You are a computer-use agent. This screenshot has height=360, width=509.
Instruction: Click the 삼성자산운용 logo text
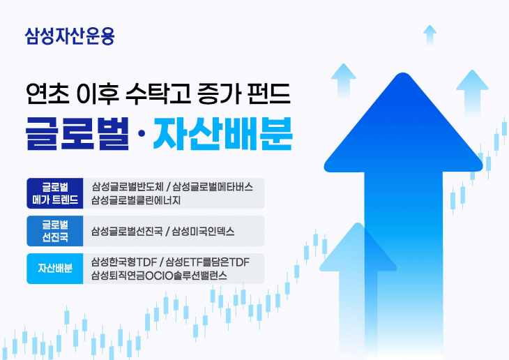pyautogui.click(x=69, y=36)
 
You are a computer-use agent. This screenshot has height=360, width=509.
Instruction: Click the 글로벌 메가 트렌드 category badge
pyautogui.click(x=55, y=194)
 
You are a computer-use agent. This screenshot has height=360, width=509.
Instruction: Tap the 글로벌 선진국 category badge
pyautogui.click(x=55, y=231)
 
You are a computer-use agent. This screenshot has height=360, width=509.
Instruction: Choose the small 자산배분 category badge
pyautogui.click(x=55, y=268)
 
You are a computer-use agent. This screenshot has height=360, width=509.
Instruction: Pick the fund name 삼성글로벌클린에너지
pyautogui.click(x=136, y=201)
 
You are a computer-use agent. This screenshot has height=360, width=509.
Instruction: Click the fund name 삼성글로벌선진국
pyautogui.click(x=127, y=231)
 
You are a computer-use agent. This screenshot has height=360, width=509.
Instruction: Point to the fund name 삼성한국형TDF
pyautogui.click(x=123, y=261)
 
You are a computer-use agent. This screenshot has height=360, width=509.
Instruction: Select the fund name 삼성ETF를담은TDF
pyautogui.click(x=207, y=261)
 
